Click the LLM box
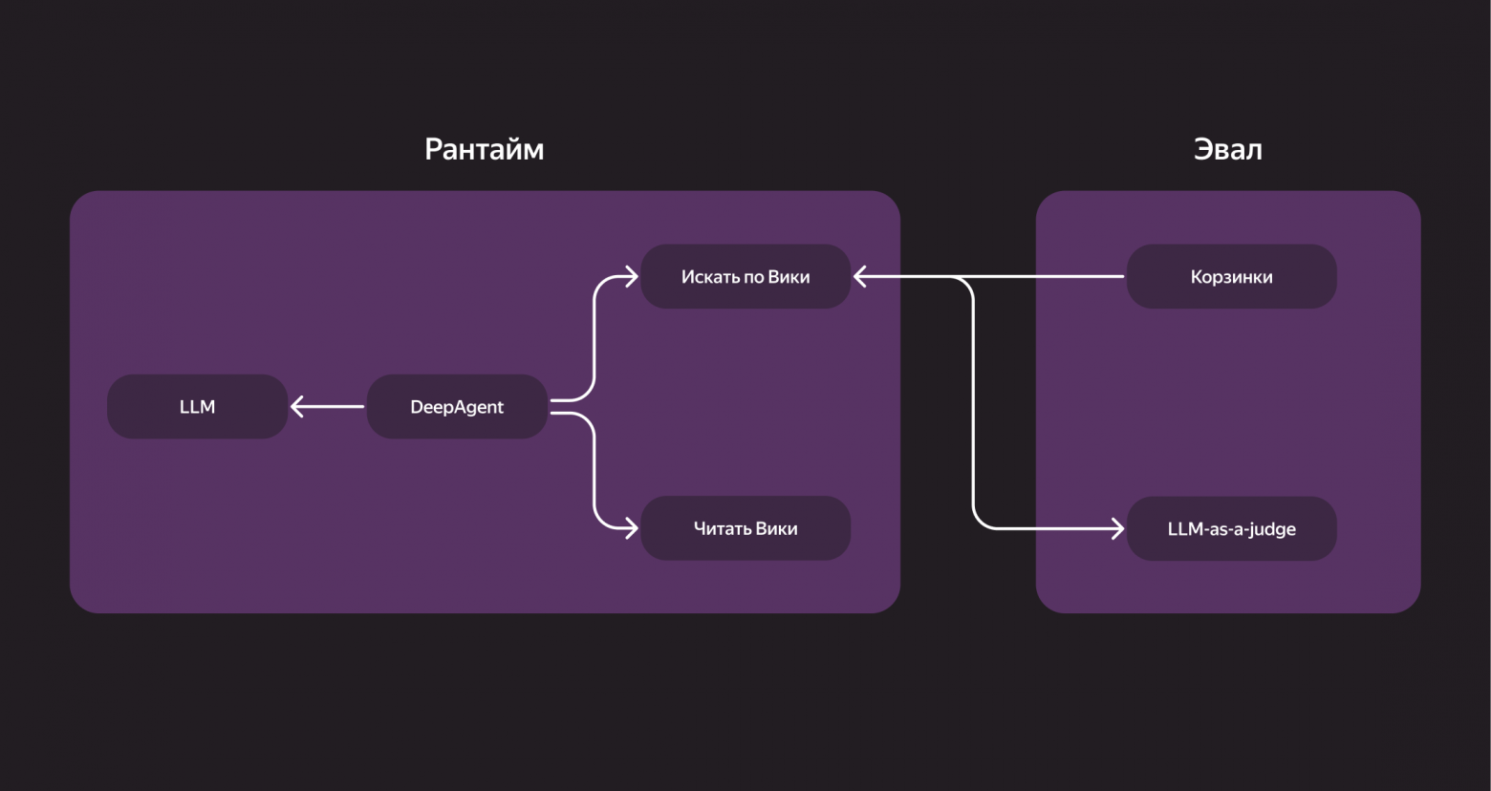(197, 407)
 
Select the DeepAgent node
(457, 407)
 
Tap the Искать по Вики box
(745, 277)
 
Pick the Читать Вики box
(745, 528)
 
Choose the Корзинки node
(1231, 277)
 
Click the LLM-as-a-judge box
(1231, 528)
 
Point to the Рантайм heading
(484, 150)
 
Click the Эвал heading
(1227, 150)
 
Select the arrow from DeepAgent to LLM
(330, 407)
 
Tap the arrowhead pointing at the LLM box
(297, 407)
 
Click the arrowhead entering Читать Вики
(631, 527)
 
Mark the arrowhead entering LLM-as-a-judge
(1117, 527)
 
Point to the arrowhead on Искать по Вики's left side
(631, 277)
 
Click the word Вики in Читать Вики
(776, 528)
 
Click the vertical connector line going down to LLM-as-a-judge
(973, 401)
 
